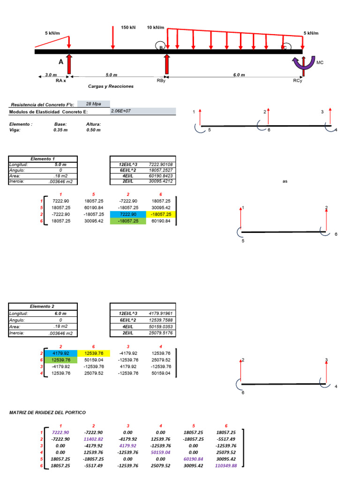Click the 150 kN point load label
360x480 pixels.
click(x=128, y=28)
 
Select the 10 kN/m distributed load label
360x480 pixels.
click(x=155, y=28)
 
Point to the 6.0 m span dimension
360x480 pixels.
click(x=239, y=75)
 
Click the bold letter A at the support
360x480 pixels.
click(x=61, y=62)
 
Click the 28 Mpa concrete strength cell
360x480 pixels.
click(x=93, y=104)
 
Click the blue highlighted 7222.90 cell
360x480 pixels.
click(x=127, y=214)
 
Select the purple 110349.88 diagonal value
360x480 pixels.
click(x=226, y=466)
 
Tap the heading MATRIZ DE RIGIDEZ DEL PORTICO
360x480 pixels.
click(x=48, y=412)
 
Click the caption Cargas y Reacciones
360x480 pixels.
click(x=111, y=86)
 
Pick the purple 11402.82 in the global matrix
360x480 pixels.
click(x=94, y=439)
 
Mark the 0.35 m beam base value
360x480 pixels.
click(x=61, y=130)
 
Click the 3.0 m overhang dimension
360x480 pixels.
click(x=51, y=75)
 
